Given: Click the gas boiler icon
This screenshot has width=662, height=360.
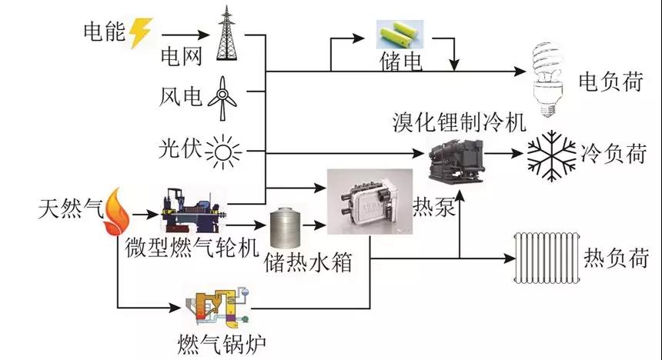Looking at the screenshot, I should point(218,308).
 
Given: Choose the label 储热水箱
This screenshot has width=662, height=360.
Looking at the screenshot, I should point(307,262).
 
